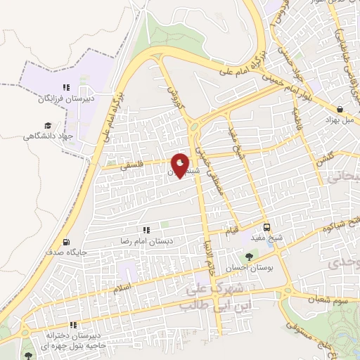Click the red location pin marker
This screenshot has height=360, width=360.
click(x=181, y=165)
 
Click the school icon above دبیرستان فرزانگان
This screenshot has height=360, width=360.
click(x=65, y=88)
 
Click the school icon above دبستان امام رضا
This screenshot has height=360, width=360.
click(x=147, y=230)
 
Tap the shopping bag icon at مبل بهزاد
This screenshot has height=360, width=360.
click(x=341, y=109)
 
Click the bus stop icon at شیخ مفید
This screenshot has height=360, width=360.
click(x=267, y=227)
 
